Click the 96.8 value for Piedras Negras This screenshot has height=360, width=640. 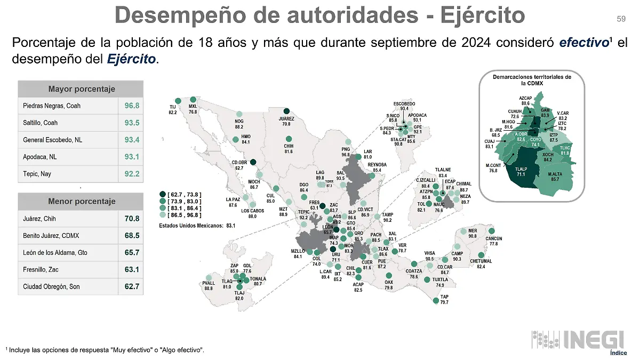132,106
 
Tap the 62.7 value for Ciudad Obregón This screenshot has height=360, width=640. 132,286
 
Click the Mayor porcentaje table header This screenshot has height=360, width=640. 81,89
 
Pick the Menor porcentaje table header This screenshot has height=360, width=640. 81,201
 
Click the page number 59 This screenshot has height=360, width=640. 621,19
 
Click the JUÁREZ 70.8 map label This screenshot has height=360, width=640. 286,121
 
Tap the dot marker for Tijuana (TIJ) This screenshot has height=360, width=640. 177,100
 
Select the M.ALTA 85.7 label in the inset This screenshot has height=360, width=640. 555,177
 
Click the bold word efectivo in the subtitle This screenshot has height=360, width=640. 583,42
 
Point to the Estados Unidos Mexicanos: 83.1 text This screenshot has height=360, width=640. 197,226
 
